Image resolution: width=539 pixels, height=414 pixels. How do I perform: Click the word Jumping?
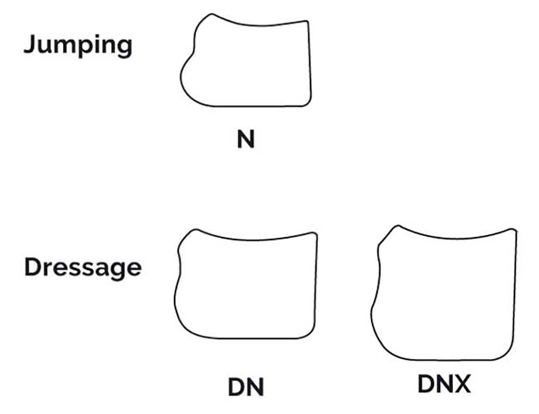[x=78, y=45]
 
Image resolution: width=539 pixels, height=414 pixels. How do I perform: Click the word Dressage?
[x=83, y=268]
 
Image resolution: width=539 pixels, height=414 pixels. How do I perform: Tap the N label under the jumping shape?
[x=246, y=139]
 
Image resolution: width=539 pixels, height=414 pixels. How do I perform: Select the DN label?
[x=246, y=387]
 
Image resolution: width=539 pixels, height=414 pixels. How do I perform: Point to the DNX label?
[x=444, y=384]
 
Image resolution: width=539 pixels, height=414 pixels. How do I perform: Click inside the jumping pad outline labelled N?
[x=247, y=65]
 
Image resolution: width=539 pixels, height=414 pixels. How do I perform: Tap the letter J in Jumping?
[x=29, y=44]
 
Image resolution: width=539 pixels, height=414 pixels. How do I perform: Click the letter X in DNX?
[x=462, y=384]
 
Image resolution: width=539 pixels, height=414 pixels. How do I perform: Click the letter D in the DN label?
[x=236, y=387]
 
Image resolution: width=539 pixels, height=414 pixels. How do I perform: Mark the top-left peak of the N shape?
[x=211, y=15]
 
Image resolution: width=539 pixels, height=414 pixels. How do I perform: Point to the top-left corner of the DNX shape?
[x=398, y=226]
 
